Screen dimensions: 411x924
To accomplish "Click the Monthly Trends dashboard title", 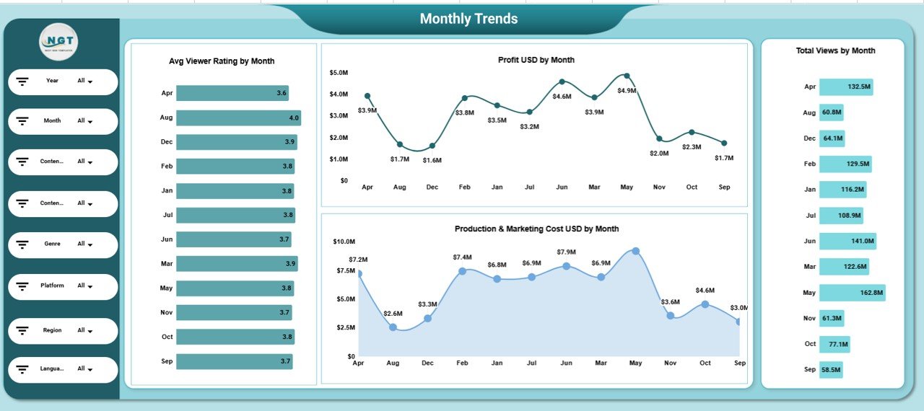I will (x=468, y=19).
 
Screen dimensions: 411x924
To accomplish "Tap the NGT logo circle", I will (x=58, y=43).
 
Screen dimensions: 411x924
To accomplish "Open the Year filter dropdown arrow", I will (x=90, y=81).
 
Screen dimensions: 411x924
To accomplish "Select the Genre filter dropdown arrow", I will (x=90, y=244).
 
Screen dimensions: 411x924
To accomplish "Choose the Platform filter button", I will (x=63, y=286).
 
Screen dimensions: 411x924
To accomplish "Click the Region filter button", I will (x=63, y=330).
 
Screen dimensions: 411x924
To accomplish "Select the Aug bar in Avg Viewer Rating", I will (x=238, y=118).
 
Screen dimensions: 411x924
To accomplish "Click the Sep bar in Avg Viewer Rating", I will (x=234, y=361).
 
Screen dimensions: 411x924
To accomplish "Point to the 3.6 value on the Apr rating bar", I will (x=282, y=93).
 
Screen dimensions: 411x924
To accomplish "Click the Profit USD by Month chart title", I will (x=536, y=60).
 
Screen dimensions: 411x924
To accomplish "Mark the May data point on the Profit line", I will (x=627, y=76).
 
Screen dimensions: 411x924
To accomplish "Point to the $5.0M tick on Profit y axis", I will (x=339, y=73).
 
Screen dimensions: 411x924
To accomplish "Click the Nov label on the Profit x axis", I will (x=659, y=187).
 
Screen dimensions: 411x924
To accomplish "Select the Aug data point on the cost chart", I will (x=393, y=327).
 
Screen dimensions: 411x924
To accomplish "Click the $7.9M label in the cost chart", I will (x=567, y=252).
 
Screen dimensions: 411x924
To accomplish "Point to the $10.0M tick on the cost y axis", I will (x=344, y=242).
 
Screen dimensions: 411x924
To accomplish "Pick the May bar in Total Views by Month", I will (x=852, y=293).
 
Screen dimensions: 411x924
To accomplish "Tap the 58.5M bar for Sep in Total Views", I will (x=830, y=369).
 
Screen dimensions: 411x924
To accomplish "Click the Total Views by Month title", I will (x=835, y=50).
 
